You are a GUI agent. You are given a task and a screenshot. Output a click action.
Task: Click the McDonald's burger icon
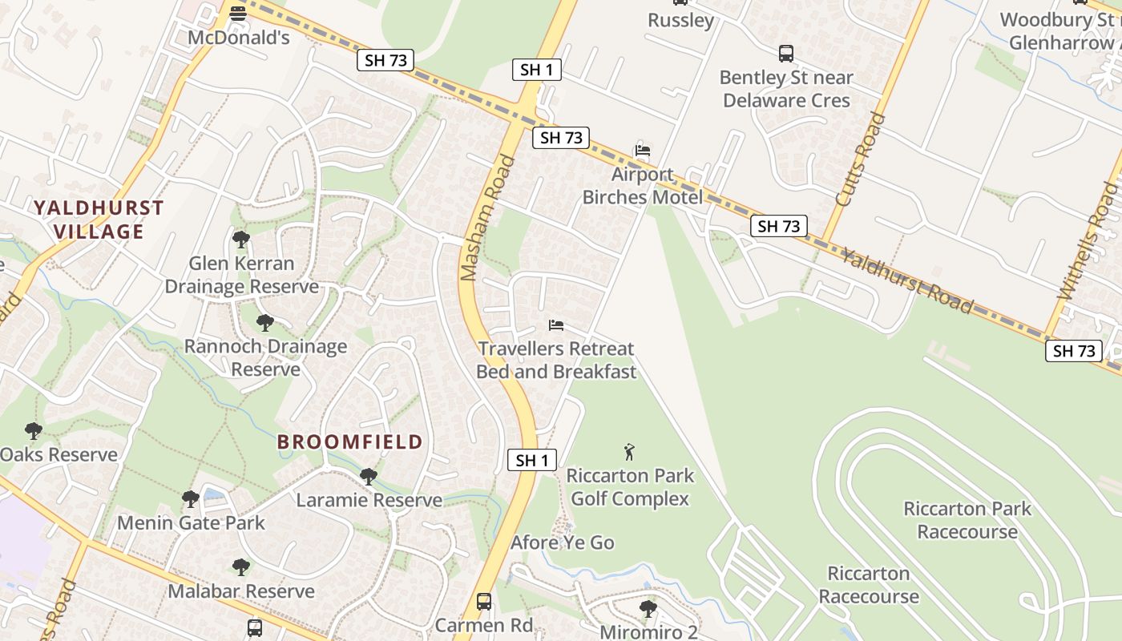pos(237,14)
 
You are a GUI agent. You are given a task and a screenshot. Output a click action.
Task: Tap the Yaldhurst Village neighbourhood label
pos(99,220)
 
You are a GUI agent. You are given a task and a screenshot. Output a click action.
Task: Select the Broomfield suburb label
pos(349,441)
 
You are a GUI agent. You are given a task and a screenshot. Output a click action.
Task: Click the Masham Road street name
pos(488,218)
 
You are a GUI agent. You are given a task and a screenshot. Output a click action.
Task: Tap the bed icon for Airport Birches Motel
pos(642,150)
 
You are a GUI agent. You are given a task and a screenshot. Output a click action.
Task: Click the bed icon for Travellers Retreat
pos(555,325)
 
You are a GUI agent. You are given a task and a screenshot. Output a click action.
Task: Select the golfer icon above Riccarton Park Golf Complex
pos(629,452)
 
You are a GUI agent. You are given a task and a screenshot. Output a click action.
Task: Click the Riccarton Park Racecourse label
pos(967,520)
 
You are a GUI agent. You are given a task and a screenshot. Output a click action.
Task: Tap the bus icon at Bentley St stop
pos(786,54)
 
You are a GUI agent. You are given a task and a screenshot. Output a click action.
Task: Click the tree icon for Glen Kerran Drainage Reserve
pos(240,239)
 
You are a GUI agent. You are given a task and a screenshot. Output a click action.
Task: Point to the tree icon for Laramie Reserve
pos(368,477)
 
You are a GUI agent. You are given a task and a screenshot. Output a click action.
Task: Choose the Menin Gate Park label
pos(191,523)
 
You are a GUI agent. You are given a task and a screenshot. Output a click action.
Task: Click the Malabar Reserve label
pos(241,591)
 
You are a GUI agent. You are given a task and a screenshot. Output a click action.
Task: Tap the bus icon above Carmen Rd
pos(483,601)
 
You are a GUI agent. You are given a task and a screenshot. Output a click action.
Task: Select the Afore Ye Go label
pos(563,542)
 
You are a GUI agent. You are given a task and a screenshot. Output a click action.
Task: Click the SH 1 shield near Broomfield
pos(532,460)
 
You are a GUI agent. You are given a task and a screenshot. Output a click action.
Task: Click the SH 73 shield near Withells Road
pos(1073,350)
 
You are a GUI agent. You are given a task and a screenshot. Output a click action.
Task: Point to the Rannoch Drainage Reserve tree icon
pos(264,323)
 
